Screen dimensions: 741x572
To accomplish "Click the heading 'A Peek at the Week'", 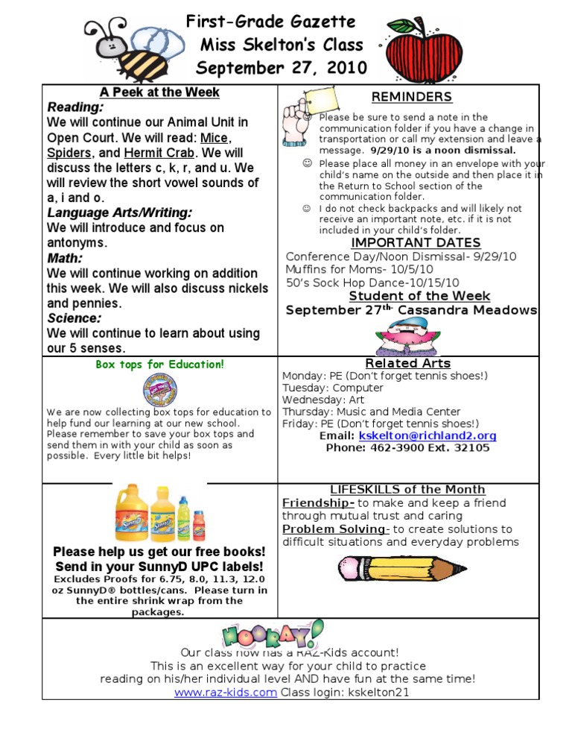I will [160, 92].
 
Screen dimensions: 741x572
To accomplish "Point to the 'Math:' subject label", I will [65, 258].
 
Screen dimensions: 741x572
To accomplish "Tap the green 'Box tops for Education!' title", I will [160, 365].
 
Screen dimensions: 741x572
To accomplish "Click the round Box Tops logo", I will [159, 391].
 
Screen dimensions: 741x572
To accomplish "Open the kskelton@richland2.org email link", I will [428, 435].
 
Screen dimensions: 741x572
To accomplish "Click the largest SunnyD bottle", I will [130, 514].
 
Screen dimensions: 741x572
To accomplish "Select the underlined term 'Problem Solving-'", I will [336, 529].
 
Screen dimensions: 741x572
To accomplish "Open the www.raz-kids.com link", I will [226, 693].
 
